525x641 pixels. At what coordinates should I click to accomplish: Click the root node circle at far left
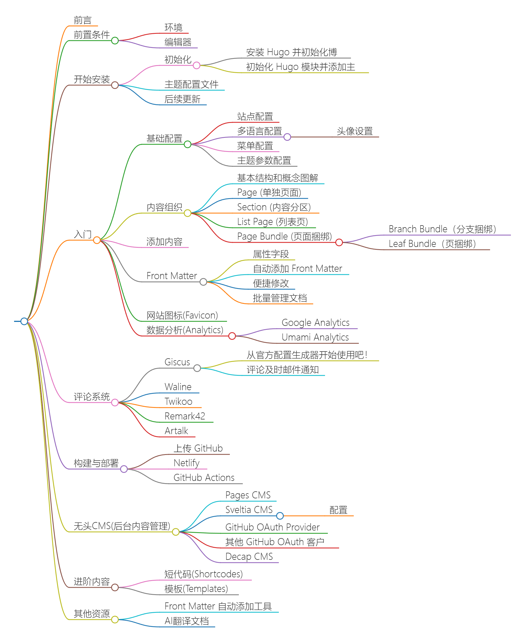click(x=24, y=321)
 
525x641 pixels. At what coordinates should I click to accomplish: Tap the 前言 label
click(x=83, y=20)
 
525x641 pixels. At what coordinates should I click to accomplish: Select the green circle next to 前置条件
click(x=115, y=41)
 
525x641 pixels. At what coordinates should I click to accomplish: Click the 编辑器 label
click(x=178, y=42)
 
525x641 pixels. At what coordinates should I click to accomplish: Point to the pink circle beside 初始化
click(x=197, y=65)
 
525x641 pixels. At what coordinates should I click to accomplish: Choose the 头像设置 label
click(x=355, y=131)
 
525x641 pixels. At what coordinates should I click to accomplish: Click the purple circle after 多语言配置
click(x=287, y=137)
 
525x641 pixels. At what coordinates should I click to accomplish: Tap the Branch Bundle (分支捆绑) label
click(x=442, y=229)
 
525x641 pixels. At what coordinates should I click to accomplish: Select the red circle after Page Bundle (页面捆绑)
click(x=339, y=242)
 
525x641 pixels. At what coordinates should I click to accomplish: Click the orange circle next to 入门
click(x=97, y=240)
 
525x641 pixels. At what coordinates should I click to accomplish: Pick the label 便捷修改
click(x=271, y=283)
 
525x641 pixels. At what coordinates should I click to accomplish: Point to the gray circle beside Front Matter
click(x=204, y=282)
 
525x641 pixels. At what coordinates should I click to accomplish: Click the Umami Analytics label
click(x=315, y=337)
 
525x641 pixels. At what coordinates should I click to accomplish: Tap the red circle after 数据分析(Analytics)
click(x=232, y=336)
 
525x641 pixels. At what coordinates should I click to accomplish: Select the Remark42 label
click(x=185, y=416)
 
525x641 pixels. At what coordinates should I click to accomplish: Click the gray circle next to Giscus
click(x=197, y=368)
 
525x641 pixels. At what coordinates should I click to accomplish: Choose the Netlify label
click(x=186, y=463)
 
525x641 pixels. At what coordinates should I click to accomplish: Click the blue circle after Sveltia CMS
click(x=280, y=516)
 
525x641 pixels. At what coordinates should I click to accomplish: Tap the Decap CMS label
click(x=249, y=556)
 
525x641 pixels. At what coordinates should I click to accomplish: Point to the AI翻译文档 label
click(x=186, y=621)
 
